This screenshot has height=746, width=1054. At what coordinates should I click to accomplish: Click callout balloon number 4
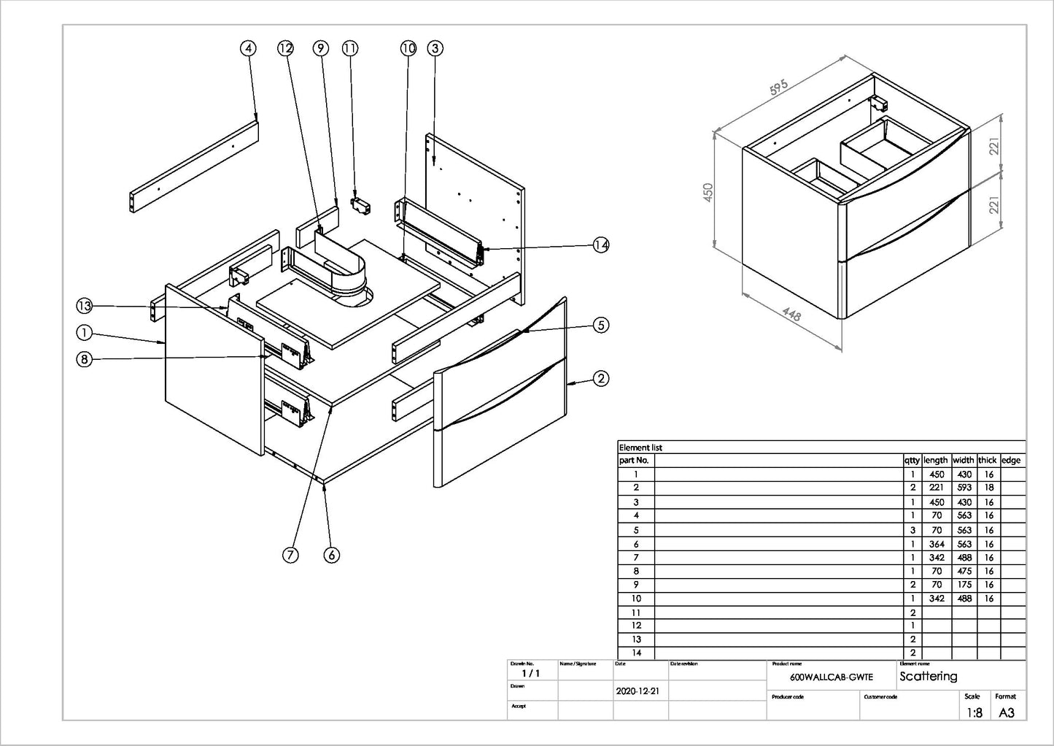pyautogui.click(x=249, y=48)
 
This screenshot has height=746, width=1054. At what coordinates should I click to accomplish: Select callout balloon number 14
pyautogui.click(x=600, y=245)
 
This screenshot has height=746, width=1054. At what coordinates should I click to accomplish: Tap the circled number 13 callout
pyautogui.click(x=85, y=306)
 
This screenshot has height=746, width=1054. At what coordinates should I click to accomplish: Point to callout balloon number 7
pyautogui.click(x=290, y=555)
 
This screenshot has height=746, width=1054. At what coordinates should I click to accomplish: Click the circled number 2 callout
pyautogui.click(x=600, y=378)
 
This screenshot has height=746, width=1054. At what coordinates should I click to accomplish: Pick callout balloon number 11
pyautogui.click(x=350, y=48)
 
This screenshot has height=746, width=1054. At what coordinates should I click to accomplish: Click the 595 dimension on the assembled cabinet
pyautogui.click(x=779, y=87)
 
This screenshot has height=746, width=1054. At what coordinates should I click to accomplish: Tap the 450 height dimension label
pyautogui.click(x=708, y=193)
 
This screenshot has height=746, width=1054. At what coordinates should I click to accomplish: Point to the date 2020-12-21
pyautogui.click(x=638, y=691)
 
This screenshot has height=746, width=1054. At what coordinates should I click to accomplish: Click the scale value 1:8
pyautogui.click(x=974, y=712)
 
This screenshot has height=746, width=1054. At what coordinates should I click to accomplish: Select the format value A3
pyautogui.click(x=1006, y=712)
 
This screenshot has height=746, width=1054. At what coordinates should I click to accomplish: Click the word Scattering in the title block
pyautogui.click(x=928, y=677)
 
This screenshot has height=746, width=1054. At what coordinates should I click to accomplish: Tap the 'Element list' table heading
pyautogui.click(x=640, y=447)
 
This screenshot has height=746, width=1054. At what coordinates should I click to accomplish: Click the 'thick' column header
pyautogui.click(x=987, y=460)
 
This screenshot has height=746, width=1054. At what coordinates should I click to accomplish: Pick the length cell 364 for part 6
pyautogui.click(x=937, y=544)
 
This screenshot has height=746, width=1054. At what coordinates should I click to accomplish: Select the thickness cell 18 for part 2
pyautogui.click(x=988, y=488)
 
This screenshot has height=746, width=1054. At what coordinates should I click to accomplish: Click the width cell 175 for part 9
pyautogui.click(x=964, y=585)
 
